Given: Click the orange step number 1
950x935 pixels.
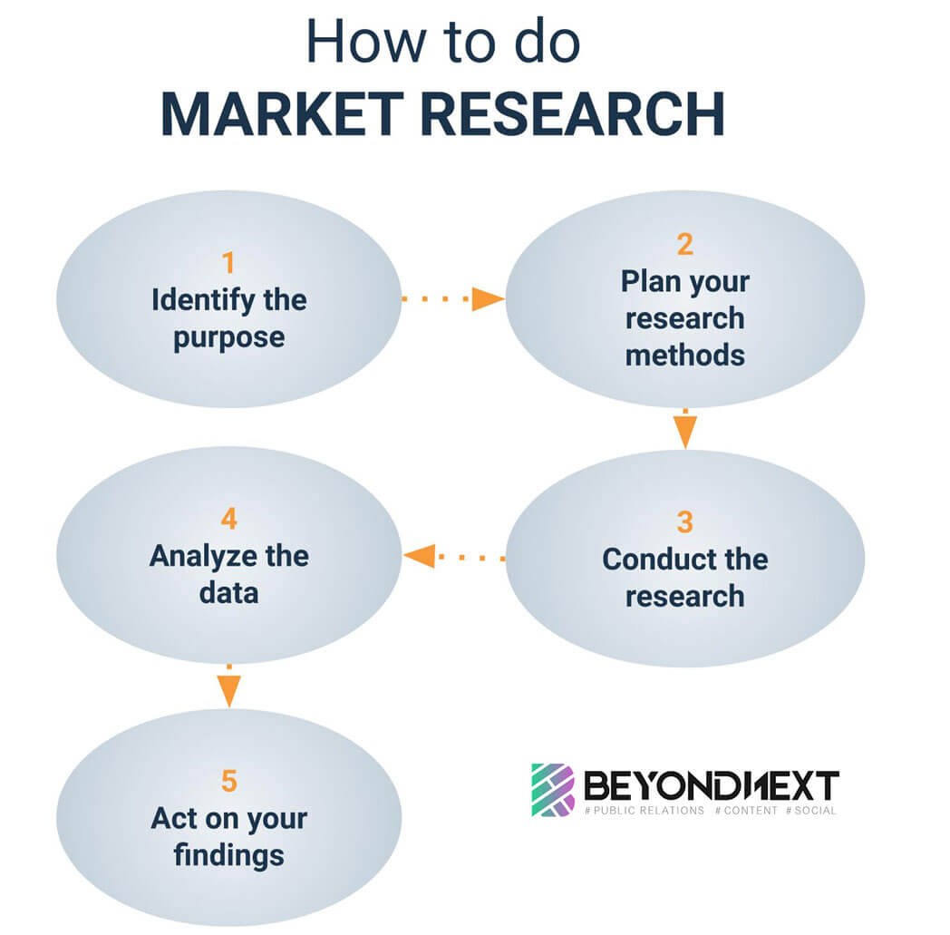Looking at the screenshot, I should [228, 263].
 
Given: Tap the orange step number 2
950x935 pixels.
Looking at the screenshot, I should [684, 244].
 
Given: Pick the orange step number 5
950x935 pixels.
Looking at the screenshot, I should [228, 780].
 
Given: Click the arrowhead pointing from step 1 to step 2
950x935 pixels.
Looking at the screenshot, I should [488, 298].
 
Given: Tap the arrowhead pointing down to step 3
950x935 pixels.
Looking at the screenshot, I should [684, 434].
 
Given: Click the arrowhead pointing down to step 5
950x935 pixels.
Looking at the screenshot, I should [228, 693].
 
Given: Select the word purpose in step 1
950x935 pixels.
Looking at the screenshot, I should [228, 337].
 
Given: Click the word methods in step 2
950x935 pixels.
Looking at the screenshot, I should [684, 354].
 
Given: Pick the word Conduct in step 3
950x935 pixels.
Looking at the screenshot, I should [644, 559].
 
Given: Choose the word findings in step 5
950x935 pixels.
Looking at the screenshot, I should [228, 854].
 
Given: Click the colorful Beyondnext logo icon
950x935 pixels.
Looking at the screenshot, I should [552, 789].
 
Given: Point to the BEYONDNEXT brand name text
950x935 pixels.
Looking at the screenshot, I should [711, 785].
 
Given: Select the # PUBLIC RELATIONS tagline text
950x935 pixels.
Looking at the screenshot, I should [645, 810].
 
